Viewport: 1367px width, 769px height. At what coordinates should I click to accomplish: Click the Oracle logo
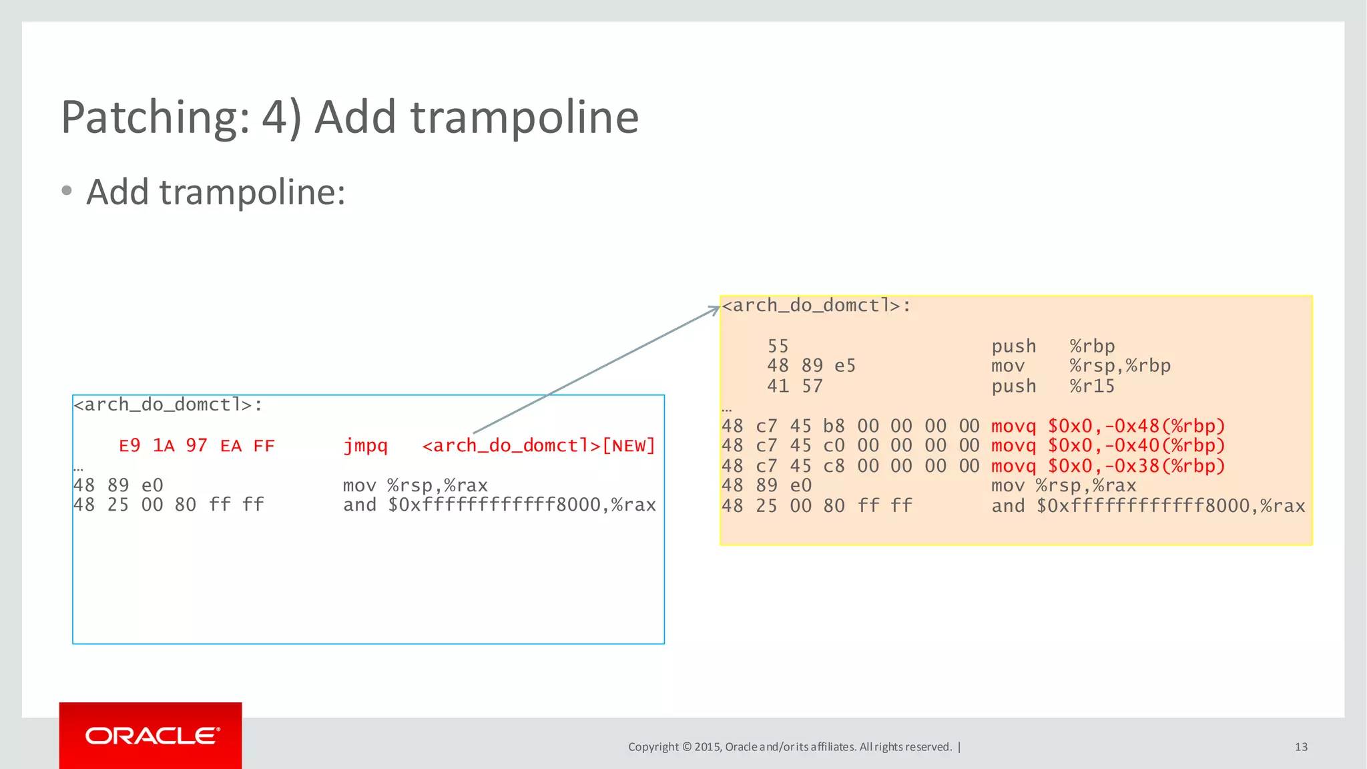(x=151, y=736)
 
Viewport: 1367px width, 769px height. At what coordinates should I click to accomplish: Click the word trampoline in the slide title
(x=525, y=117)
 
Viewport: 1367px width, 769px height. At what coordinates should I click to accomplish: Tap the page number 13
(x=1301, y=747)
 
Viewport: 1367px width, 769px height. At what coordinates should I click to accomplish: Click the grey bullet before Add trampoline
(x=67, y=192)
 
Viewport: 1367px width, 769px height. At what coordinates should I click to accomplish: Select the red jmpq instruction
(x=365, y=445)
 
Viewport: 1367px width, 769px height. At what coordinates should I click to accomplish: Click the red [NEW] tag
(x=629, y=445)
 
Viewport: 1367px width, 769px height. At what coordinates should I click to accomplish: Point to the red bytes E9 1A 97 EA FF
(x=196, y=445)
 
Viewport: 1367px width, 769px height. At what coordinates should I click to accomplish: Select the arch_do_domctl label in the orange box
(x=816, y=306)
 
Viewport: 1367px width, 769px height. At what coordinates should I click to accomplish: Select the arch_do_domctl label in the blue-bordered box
(x=168, y=405)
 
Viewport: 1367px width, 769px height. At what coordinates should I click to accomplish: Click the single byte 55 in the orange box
(x=778, y=346)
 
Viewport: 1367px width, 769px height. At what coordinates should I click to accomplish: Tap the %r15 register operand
(x=1092, y=386)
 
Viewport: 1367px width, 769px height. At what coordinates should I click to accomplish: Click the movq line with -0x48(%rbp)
(x=1108, y=426)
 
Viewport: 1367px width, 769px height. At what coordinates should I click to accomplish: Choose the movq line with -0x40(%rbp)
(x=1108, y=445)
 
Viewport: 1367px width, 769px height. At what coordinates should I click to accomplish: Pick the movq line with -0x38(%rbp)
(x=1108, y=466)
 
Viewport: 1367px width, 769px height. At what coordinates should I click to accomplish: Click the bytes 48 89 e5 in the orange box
(x=811, y=366)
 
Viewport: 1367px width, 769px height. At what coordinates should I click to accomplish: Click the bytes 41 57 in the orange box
(x=794, y=386)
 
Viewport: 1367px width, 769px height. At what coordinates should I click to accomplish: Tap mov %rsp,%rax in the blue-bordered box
(x=415, y=485)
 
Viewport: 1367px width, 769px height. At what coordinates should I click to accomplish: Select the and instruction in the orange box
(x=1147, y=506)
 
